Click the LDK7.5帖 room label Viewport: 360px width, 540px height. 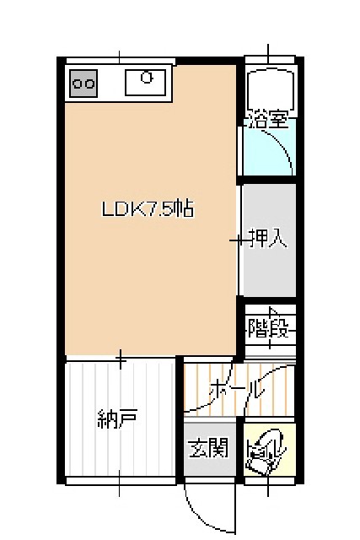[x=148, y=208]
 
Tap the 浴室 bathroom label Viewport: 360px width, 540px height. [x=268, y=120]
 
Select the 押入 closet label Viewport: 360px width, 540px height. [x=269, y=238]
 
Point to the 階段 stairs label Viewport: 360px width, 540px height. [x=268, y=328]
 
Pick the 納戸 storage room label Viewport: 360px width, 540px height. [x=118, y=418]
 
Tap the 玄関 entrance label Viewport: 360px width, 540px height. [x=208, y=447]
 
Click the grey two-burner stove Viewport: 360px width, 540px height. [x=83, y=83]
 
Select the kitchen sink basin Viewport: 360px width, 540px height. [x=145, y=83]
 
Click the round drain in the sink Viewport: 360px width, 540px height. [x=147, y=78]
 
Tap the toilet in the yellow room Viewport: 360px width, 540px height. [x=267, y=451]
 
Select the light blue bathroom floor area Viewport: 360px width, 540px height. [x=269, y=152]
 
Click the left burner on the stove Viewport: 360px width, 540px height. [x=78, y=84]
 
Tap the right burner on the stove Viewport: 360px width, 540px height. [x=89, y=84]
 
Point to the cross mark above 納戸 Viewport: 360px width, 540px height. [x=120, y=359]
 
